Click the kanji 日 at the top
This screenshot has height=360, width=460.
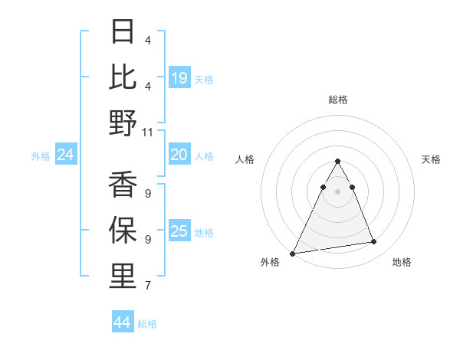point(123,31)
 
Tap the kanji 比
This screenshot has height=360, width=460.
point(123,77)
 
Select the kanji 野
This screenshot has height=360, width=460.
point(123,123)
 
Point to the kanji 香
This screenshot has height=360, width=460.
point(123,185)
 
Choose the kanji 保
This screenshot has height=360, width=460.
point(123,231)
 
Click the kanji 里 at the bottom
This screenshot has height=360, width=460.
point(123,277)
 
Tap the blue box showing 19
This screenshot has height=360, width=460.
point(179,78)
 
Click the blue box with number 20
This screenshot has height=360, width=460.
point(179,155)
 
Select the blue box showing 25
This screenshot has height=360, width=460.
point(179,231)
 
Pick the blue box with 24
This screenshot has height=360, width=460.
point(66,155)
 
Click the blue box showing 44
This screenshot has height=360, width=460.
point(123,322)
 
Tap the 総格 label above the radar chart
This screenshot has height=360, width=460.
point(337,100)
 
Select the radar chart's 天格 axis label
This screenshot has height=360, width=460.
point(431,159)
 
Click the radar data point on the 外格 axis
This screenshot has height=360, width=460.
point(292,253)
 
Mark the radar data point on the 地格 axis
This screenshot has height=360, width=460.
point(374,242)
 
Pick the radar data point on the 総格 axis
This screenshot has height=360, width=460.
point(337,162)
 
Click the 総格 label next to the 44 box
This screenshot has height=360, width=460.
point(147,324)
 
